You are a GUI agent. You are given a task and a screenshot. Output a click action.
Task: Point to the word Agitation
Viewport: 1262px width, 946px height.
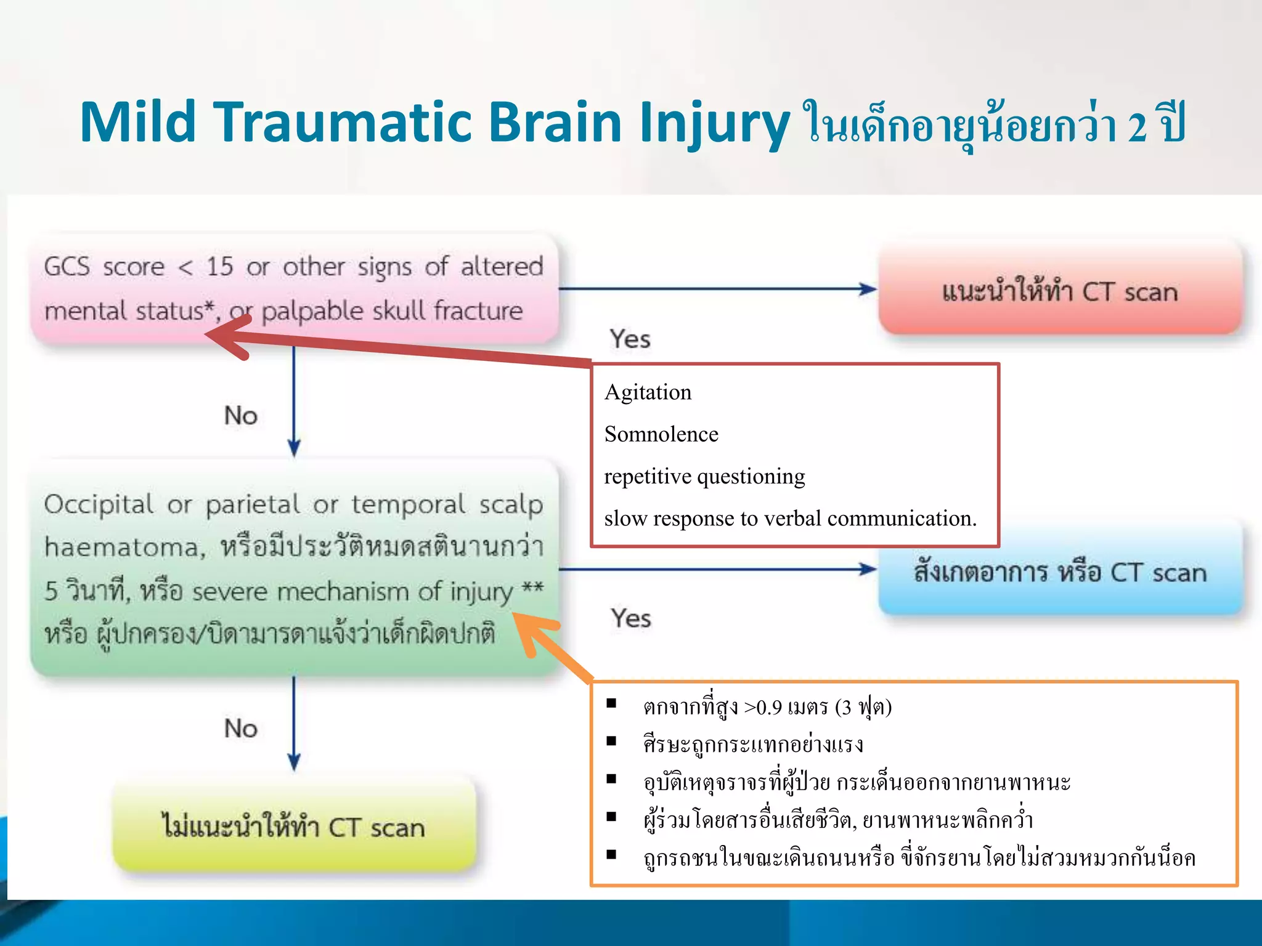(648, 392)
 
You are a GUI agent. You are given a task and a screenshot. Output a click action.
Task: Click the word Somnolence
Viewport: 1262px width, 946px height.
(661, 434)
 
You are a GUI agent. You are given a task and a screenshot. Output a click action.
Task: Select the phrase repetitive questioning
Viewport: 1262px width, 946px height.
(704, 476)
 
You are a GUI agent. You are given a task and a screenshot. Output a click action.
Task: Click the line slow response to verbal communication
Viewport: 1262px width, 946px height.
(790, 519)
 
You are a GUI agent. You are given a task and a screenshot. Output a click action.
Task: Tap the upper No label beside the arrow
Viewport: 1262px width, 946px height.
(240, 416)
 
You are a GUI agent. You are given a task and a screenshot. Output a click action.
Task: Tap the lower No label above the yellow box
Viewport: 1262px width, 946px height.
(240, 729)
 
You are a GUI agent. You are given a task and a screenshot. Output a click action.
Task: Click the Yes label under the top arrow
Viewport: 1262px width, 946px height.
(630, 339)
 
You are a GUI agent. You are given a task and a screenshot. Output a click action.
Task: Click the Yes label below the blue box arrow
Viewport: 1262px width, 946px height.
(630, 618)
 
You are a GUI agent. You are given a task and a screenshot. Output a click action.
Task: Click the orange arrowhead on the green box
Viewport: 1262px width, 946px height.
(530, 628)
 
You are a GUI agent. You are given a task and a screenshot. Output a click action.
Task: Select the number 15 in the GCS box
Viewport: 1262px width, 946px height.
(220, 267)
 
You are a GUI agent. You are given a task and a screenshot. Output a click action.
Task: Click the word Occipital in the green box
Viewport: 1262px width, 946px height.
(99, 504)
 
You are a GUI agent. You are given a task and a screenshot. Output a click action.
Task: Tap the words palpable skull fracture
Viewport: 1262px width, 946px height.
(392, 311)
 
